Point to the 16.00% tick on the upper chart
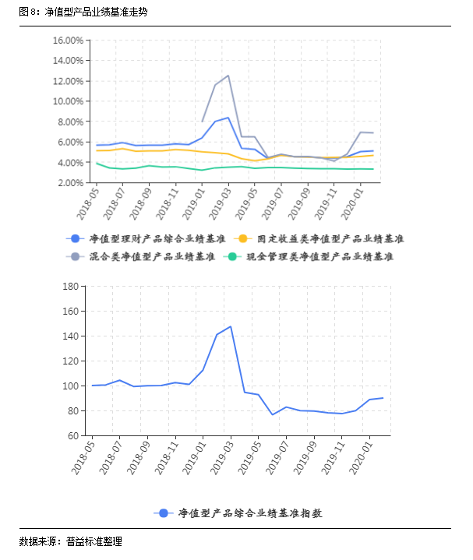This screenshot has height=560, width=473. pos(67,40)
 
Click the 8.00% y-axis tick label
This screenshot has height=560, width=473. pos(69,122)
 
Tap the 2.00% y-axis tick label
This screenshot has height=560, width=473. pos(69,183)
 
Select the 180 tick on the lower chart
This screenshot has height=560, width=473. pos(70,287)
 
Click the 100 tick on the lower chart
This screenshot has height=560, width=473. pos(70,386)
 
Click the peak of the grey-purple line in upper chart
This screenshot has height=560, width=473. pos(228,76)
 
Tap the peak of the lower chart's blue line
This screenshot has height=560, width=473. pos(230,326)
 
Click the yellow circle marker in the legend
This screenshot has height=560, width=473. pos(243,238)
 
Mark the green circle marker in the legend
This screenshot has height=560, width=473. pos(232,256)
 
